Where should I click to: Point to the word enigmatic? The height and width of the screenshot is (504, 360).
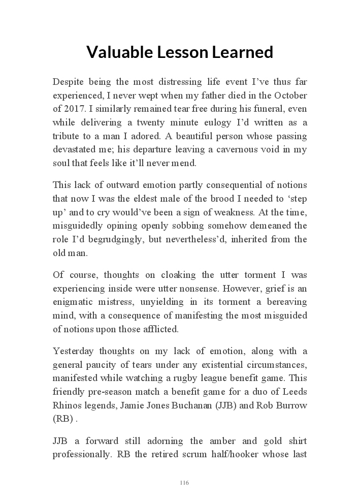pyautogui.click(x=76, y=302)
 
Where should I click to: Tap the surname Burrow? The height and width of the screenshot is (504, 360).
pyautogui.click(x=291, y=405)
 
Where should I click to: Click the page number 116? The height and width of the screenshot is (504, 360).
pyautogui.click(x=184, y=483)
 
